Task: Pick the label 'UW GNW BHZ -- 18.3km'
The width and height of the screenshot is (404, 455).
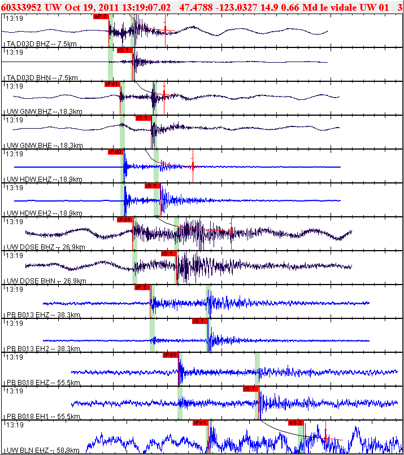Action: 43,112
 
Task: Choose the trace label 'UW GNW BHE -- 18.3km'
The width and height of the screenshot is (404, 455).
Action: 43,146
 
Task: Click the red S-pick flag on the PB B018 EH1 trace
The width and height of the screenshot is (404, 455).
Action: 250,388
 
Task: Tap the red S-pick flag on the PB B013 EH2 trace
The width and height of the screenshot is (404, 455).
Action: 199,321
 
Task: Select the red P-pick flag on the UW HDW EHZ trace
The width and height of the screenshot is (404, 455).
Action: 115,151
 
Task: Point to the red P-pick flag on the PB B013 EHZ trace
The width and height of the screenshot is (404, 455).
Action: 141,287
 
